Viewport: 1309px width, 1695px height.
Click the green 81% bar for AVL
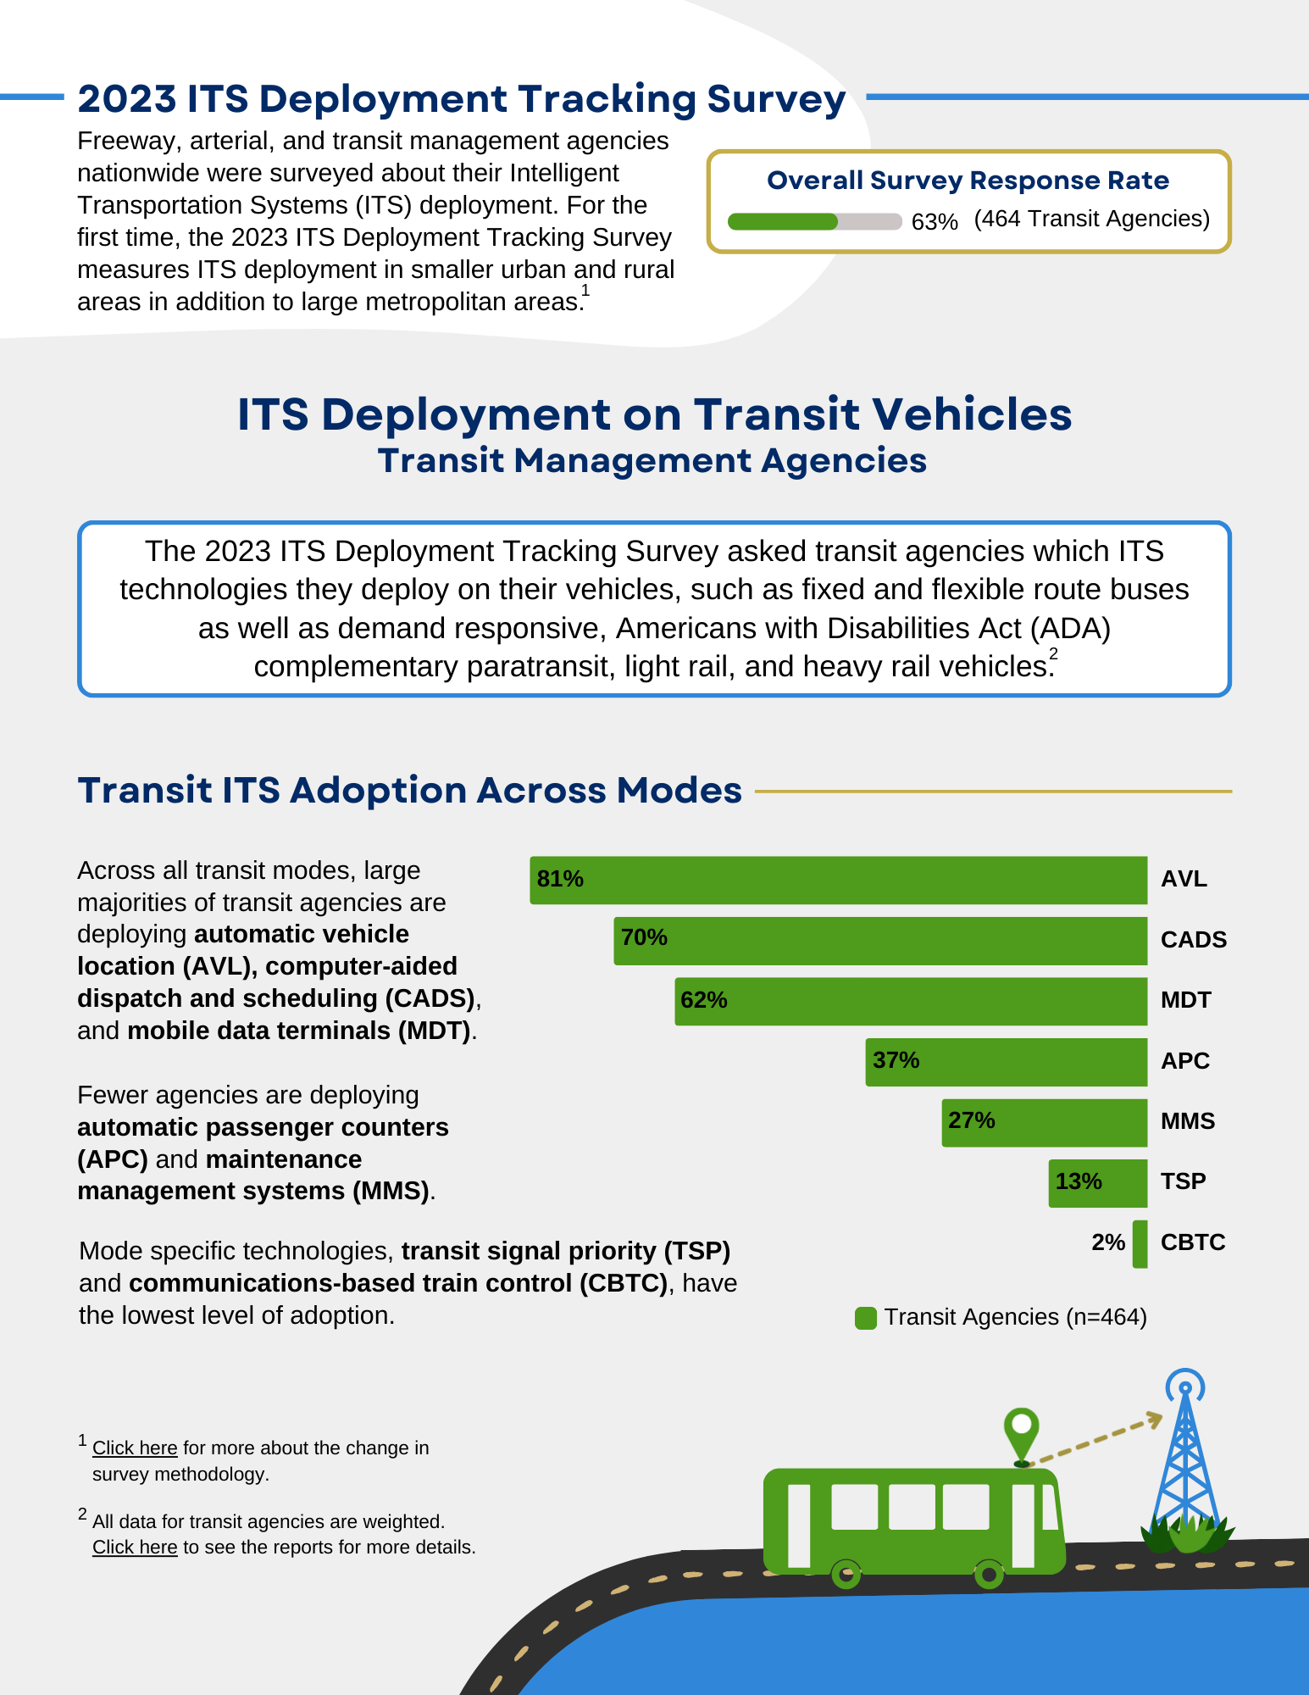pos(839,880)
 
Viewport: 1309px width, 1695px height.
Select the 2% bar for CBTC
pos(1140,1243)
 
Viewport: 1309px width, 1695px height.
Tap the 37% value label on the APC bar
pos(896,1060)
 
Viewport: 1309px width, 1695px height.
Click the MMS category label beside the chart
pos(1187,1121)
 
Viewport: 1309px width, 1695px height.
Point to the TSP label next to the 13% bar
pos(1183,1181)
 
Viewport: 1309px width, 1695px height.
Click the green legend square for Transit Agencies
pos(866,1318)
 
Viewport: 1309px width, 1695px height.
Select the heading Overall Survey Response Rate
pos(968,181)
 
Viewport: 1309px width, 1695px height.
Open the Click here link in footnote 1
pos(135,1448)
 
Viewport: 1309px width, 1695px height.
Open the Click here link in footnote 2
pos(135,1548)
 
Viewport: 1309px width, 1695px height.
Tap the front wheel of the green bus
pos(988,1575)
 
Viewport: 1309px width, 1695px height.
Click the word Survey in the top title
pos(776,99)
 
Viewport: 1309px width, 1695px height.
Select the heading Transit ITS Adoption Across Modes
pos(409,790)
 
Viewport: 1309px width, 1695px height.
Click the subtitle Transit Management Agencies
pos(652,461)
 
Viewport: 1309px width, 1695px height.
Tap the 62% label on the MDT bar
pos(703,1000)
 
